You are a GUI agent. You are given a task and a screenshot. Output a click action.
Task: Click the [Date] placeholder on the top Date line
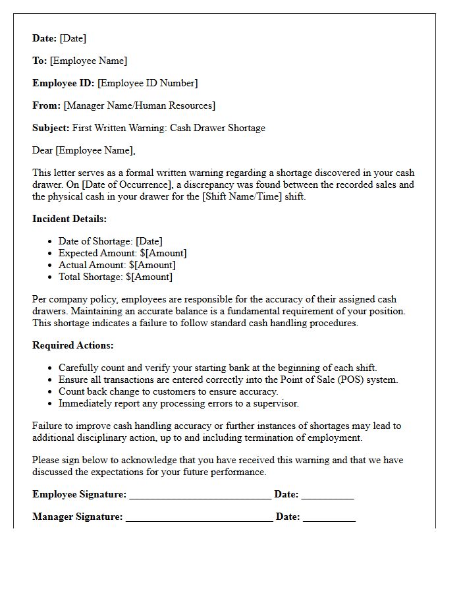coord(72,39)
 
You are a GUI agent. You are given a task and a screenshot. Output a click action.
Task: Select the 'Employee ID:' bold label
coord(63,83)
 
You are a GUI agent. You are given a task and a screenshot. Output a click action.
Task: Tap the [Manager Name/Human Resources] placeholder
coord(139,105)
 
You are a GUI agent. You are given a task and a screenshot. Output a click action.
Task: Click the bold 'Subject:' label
coord(51,128)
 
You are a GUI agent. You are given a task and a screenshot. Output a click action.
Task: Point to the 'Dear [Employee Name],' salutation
coord(84,150)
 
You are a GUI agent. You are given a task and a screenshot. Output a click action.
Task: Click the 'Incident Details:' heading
coord(69,219)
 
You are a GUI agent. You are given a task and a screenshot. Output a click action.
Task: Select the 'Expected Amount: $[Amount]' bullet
coord(122,253)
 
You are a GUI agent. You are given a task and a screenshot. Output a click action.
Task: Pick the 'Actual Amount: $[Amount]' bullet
coord(117,265)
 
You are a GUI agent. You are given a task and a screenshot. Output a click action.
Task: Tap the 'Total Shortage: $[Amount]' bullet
coord(115,277)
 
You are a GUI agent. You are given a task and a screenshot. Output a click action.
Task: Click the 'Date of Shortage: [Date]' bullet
coord(110,241)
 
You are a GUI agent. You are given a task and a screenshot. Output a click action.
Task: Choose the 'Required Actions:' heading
coord(72,345)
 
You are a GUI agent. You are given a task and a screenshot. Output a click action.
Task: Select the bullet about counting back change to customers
coord(168,391)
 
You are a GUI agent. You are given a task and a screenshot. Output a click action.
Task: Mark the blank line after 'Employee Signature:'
coord(200,495)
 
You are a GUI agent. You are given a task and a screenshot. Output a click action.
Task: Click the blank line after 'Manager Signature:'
coord(199,517)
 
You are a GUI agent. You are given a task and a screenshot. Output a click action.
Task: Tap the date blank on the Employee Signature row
coord(327,495)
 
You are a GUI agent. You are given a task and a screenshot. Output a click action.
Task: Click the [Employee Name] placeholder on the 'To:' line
coord(88,61)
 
